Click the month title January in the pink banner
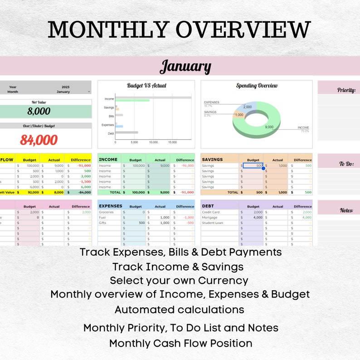click(x=185, y=67)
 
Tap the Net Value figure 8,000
click(x=39, y=111)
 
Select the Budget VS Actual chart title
click(x=146, y=85)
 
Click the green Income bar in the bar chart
click(x=132, y=100)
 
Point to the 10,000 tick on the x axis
click(x=153, y=142)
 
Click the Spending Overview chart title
click(x=257, y=85)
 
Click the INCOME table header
click(x=108, y=160)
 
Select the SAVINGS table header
click(x=212, y=160)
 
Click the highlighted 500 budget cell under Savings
click(x=253, y=166)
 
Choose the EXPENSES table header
click(x=111, y=206)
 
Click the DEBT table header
click(x=208, y=206)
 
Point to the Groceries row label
click(x=106, y=212)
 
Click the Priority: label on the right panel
click(x=346, y=90)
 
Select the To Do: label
click(x=346, y=164)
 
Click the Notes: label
click(x=346, y=210)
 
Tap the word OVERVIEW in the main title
click(x=243, y=30)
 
